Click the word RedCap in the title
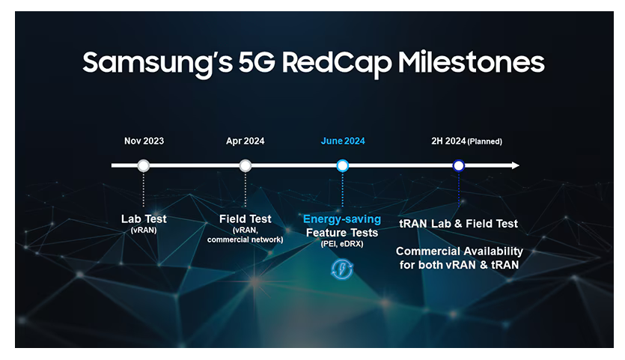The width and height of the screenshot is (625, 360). pos(337,63)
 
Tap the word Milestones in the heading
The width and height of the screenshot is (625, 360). pos(472,62)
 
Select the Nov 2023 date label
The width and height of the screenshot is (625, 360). pos(144,141)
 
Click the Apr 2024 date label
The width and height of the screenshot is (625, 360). pos(246,141)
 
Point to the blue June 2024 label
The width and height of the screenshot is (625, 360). pos(343,141)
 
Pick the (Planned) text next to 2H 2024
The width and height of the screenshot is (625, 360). pos(485,141)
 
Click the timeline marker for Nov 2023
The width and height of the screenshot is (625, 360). pos(144,165)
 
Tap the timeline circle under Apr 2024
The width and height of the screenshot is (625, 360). pos(246,165)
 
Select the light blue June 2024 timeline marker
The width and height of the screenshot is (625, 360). pos(342,165)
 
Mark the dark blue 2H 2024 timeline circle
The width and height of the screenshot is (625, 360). pos(459,165)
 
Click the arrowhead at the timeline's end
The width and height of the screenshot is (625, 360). pos(516,165)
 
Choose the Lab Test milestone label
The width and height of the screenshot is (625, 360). pos(144,219)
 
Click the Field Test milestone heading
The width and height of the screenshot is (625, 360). pos(246,219)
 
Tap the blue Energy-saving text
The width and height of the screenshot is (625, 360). pos(342,219)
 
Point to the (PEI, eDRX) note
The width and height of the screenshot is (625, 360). pos(342,243)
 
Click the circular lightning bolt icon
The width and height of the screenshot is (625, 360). pos(342,269)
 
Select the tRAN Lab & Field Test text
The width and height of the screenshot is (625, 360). pos(458,224)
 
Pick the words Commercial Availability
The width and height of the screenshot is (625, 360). pos(459,251)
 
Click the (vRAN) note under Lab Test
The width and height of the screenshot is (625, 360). pos(144,230)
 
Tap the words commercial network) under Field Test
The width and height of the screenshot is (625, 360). pos(246,240)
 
